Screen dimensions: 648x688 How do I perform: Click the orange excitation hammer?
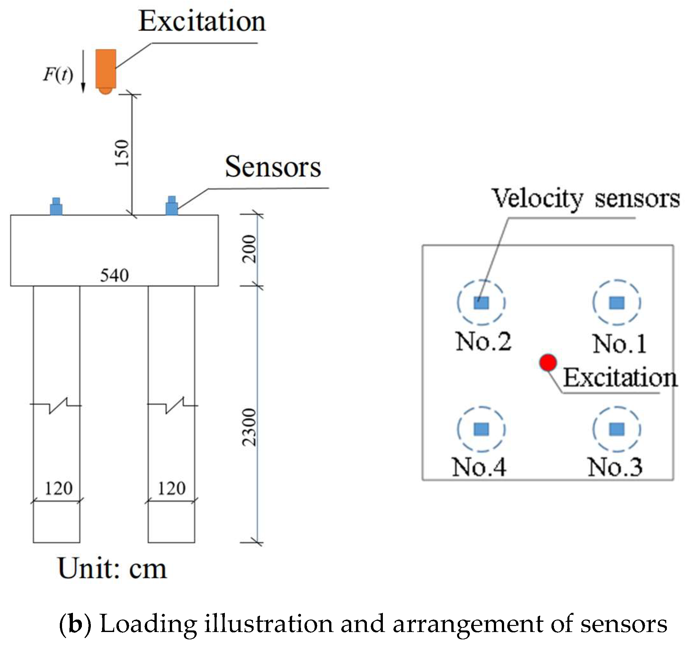pyautogui.click(x=106, y=71)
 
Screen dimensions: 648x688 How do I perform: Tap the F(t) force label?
pyautogui.click(x=58, y=74)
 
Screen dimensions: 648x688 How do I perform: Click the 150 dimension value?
pyautogui.click(x=122, y=153)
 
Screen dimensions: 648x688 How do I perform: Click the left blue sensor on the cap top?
pyautogui.click(x=56, y=207)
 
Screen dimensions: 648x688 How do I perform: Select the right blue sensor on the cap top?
pyautogui.click(x=172, y=206)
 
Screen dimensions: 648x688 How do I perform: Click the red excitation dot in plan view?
pyautogui.click(x=548, y=363)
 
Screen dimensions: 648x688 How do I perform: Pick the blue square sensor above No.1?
pyautogui.click(x=617, y=303)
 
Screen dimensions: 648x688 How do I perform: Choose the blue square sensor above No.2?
pyautogui.click(x=481, y=303)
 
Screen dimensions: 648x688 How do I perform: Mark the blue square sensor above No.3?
pyautogui.click(x=617, y=429)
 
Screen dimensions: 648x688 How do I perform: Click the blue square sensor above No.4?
pyautogui.click(x=481, y=429)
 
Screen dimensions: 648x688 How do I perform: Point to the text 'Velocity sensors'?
pyautogui.click(x=586, y=199)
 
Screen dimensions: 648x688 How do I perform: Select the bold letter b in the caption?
pyautogui.click(x=75, y=624)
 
